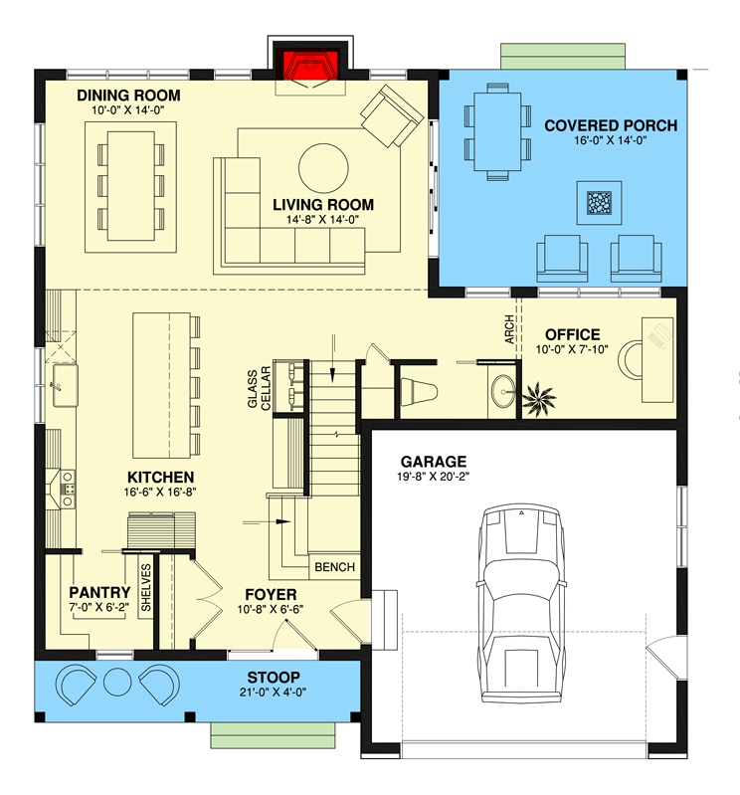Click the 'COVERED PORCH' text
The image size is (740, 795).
click(610, 125)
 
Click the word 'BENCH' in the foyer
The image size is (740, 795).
click(334, 567)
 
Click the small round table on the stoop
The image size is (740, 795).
click(117, 683)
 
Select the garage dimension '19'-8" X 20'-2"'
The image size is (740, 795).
click(434, 478)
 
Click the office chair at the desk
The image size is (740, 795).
click(635, 357)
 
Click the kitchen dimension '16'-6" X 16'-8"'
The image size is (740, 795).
click(159, 494)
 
